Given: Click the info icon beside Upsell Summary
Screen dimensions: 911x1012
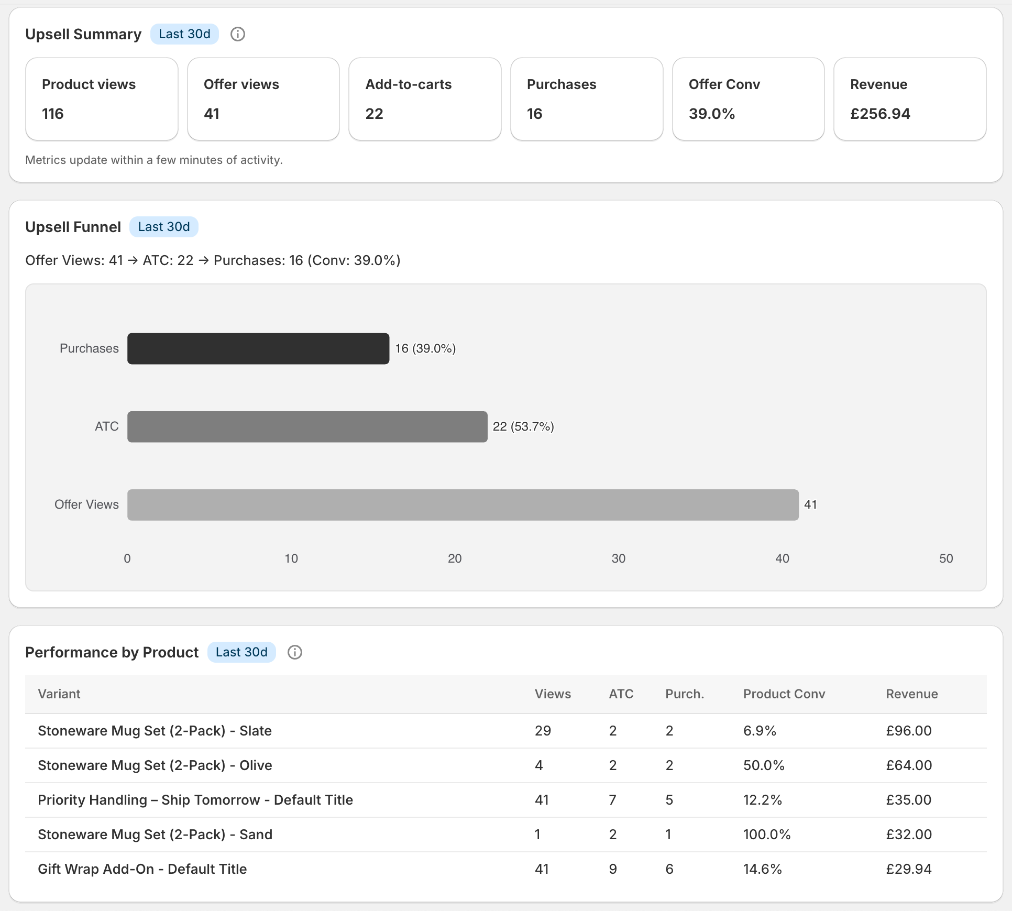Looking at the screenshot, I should pos(238,34).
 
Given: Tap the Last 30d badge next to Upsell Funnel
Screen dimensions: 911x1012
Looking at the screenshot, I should pos(163,227).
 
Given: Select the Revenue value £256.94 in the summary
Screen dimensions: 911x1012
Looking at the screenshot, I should pos(880,114).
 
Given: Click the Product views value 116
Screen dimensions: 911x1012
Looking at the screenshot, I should pos(53,114).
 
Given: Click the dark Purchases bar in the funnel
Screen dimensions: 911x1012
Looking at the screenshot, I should pos(258,348).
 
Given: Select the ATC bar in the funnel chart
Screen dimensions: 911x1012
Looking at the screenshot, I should pos(307,426).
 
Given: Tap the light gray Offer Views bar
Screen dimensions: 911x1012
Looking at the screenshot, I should pos(463,504).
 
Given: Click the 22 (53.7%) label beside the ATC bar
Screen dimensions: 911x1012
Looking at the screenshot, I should pos(523,426).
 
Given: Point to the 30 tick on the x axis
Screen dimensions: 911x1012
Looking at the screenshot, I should pos(618,558).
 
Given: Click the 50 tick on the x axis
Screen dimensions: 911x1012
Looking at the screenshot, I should pos(945,558).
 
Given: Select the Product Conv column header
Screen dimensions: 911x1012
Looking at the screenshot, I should pos(784,694).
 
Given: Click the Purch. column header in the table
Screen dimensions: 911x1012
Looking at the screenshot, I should pos(684,694).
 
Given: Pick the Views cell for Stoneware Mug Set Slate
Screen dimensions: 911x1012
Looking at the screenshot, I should pos(543,731).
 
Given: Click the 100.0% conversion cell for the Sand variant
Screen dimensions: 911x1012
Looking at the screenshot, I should pos(766,835).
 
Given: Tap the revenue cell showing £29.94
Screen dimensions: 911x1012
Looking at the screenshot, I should pos(908,869).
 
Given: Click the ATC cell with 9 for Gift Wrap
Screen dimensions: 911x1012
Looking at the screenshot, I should pos(612,869).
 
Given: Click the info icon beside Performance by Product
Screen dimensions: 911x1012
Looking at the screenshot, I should pos(295,652).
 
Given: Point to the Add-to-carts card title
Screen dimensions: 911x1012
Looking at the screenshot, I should pos(408,84).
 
